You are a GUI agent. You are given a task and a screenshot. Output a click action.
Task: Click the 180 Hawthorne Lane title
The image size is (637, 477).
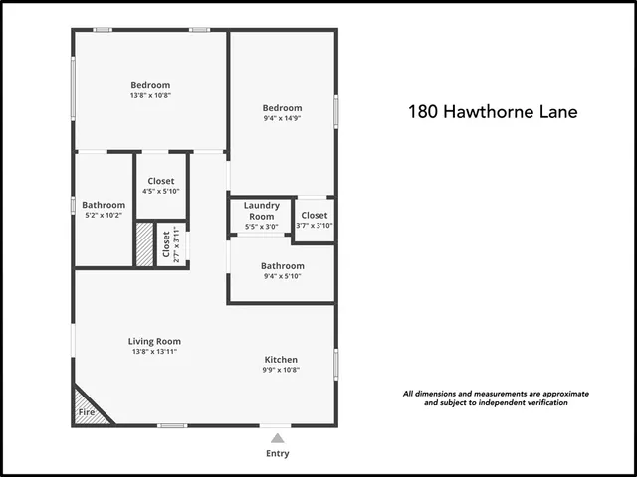493,112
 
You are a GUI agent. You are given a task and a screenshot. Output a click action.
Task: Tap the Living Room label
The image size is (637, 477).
154,341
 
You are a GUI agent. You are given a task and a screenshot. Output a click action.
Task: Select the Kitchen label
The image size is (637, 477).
281,359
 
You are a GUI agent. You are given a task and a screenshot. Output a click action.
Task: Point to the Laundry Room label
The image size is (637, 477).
261,211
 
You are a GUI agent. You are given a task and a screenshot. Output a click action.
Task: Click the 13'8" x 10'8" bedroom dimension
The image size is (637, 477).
150,96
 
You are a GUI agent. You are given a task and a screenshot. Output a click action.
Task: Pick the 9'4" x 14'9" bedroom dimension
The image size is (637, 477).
282,120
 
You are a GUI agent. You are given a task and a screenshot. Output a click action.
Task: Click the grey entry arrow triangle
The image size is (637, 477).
278,437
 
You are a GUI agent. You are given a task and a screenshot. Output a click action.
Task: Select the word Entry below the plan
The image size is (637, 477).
278,454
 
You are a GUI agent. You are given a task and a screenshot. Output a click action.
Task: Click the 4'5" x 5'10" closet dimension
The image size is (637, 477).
160,192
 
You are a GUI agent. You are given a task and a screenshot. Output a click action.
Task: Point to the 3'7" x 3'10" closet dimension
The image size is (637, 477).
314,226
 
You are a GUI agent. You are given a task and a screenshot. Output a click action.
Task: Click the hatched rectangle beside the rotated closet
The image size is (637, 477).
145,244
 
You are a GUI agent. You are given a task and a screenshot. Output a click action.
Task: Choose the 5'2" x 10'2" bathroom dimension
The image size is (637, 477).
103,216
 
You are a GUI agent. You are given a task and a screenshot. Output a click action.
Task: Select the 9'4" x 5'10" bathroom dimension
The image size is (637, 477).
282,277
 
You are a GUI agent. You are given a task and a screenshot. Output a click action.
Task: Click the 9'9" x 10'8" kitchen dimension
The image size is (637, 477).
281,370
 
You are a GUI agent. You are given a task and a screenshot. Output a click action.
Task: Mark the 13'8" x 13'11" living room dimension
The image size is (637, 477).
154,352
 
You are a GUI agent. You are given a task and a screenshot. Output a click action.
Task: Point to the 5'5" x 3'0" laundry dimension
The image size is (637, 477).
261,228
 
